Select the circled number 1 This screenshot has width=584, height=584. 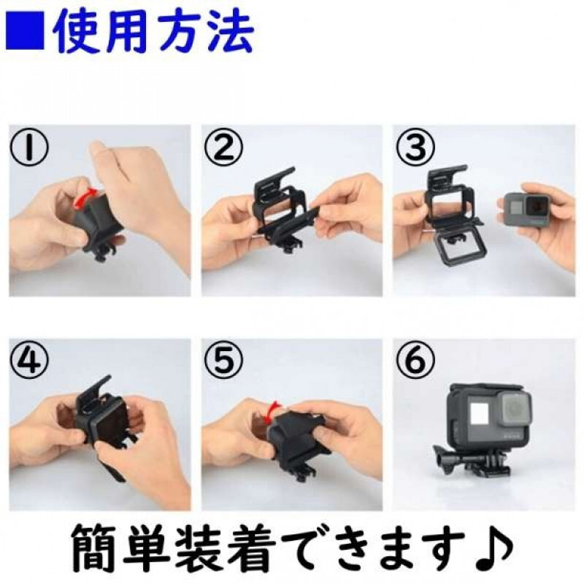[x=30, y=147]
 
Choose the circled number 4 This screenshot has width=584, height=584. [x=30, y=361]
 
